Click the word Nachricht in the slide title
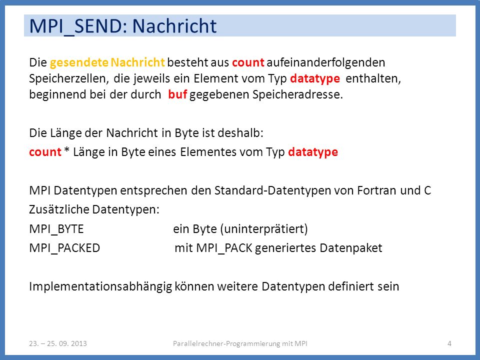click(x=174, y=25)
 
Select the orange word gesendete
click(x=79, y=63)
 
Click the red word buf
click(x=177, y=94)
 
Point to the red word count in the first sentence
click(x=248, y=63)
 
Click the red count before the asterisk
click(x=45, y=152)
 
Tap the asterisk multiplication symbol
click(x=67, y=151)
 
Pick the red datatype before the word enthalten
click(x=315, y=79)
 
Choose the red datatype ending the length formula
click(x=313, y=152)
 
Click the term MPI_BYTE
click(x=56, y=229)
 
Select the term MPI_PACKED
click(x=64, y=248)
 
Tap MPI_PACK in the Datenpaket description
click(x=224, y=248)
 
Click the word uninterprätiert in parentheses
click(x=264, y=229)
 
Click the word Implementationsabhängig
click(x=100, y=287)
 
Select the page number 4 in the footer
click(x=449, y=343)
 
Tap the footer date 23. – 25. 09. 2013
click(x=58, y=343)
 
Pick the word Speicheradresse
click(x=297, y=94)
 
